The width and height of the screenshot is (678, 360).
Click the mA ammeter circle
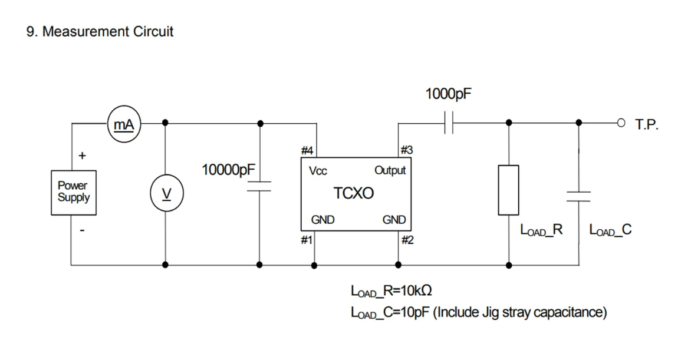124,124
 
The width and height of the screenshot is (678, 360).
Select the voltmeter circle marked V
166,193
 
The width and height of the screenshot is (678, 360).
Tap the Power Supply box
74,192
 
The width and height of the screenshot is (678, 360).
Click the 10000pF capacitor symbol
259,186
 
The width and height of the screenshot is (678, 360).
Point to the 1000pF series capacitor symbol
449,123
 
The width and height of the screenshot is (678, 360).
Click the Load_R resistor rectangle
508,190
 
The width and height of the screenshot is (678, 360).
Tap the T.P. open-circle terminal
621,123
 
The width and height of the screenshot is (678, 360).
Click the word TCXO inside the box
353,193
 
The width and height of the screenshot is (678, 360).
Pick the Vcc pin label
318,171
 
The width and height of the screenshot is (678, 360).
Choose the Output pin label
390,170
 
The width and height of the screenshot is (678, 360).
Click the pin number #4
307,150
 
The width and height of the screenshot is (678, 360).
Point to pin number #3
406,150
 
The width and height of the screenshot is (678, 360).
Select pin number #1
307,240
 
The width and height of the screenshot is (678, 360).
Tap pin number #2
407,240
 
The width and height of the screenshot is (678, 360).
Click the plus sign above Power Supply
82,155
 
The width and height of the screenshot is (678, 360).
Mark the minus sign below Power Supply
82,230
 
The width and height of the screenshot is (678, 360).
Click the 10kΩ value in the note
416,290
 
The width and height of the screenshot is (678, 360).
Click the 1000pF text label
449,94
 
